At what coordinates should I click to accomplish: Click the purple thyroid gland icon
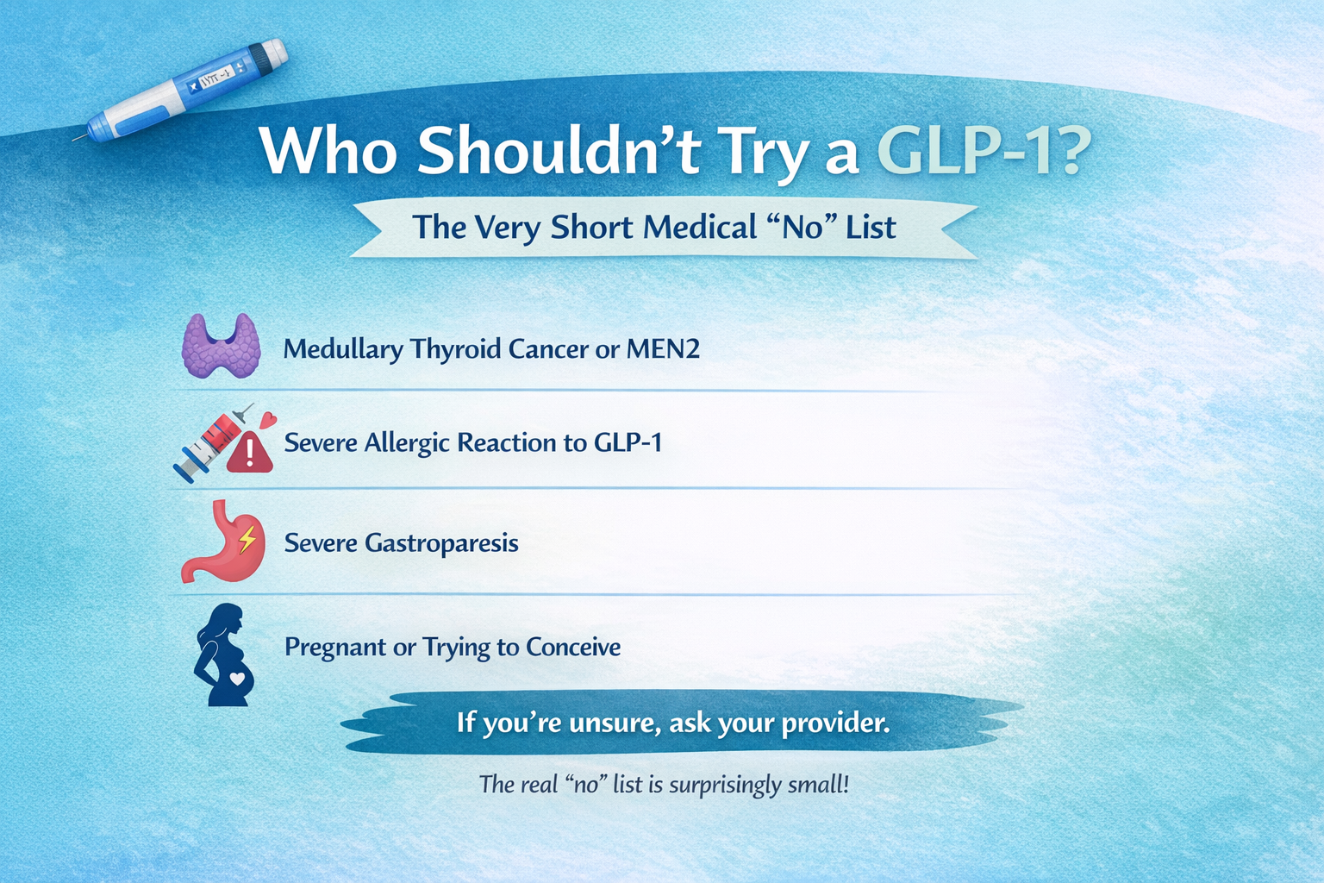click(222, 346)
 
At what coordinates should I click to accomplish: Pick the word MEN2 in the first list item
click(663, 349)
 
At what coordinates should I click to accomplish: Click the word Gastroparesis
click(441, 543)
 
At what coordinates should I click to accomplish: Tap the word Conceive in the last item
click(573, 647)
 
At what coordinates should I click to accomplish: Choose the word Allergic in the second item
click(407, 443)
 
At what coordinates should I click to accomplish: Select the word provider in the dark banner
click(835, 722)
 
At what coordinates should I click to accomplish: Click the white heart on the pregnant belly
click(236, 678)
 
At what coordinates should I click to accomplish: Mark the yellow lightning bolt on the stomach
click(247, 540)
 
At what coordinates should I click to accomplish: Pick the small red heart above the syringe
click(268, 421)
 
